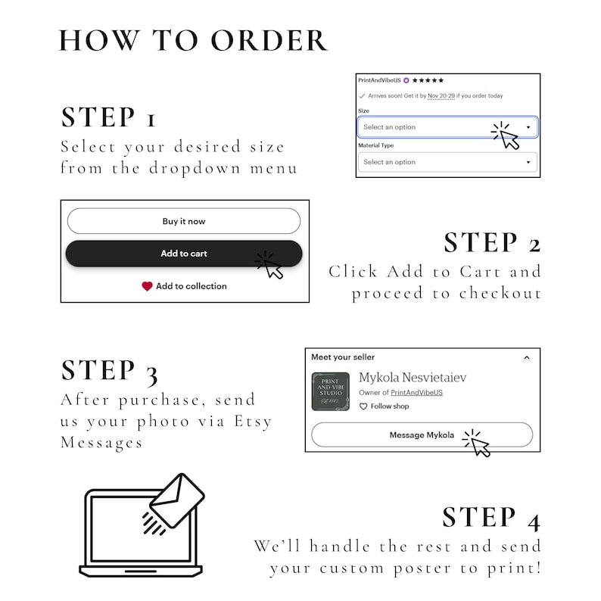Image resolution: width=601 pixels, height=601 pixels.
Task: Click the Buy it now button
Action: click(x=184, y=221)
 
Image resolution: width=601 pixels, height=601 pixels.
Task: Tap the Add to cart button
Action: click(x=184, y=254)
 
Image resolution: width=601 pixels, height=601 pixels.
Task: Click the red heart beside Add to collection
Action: click(x=147, y=286)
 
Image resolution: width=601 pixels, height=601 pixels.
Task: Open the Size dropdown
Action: click(x=447, y=127)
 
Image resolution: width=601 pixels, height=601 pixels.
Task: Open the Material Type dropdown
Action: click(x=447, y=162)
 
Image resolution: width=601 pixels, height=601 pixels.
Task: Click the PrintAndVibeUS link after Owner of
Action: click(x=416, y=393)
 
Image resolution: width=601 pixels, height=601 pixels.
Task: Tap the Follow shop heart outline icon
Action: click(x=363, y=406)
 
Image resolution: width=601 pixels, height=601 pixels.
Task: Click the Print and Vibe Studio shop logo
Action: click(x=330, y=391)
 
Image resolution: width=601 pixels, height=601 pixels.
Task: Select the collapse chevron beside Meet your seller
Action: click(x=527, y=357)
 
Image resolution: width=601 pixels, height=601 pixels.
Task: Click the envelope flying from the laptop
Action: click(x=177, y=500)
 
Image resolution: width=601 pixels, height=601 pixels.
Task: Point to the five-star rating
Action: click(x=428, y=80)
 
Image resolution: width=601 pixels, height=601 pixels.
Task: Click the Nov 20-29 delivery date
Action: click(x=441, y=96)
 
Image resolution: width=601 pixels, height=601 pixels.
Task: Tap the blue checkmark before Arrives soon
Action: click(x=362, y=96)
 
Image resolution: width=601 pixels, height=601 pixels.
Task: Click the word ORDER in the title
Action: click(x=269, y=41)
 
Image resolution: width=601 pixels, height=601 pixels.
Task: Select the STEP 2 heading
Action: click(x=492, y=243)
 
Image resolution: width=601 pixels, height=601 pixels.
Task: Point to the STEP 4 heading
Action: click(x=491, y=518)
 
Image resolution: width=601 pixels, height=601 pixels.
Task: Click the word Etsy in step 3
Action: click(x=253, y=422)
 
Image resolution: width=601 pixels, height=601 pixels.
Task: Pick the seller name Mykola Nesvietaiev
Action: click(x=413, y=378)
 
